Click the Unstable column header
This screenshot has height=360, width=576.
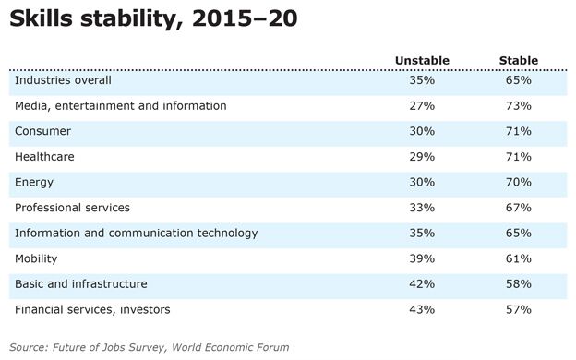422,60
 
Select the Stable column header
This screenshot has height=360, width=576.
519,60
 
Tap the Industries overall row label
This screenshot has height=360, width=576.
63,80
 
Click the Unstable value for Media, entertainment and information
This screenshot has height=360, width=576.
422,106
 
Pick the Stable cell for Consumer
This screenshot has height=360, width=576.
519,131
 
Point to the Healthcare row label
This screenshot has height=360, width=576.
44,157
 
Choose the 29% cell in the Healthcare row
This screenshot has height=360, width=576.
422,157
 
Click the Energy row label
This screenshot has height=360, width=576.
34,183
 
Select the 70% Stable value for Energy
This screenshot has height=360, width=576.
519,182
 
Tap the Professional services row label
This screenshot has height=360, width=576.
72,208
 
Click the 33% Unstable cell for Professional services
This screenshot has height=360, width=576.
422,208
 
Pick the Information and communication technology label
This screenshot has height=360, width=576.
137,234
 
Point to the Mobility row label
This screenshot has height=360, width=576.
36,259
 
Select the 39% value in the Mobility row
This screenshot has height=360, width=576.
422,258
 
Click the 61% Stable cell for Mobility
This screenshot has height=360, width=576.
519,258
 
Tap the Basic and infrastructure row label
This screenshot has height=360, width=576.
81,284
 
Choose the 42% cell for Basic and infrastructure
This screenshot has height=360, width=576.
422,284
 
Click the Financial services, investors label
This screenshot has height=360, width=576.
92,309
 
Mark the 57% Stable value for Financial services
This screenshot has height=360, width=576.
519,309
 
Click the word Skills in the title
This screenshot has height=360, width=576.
41,18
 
